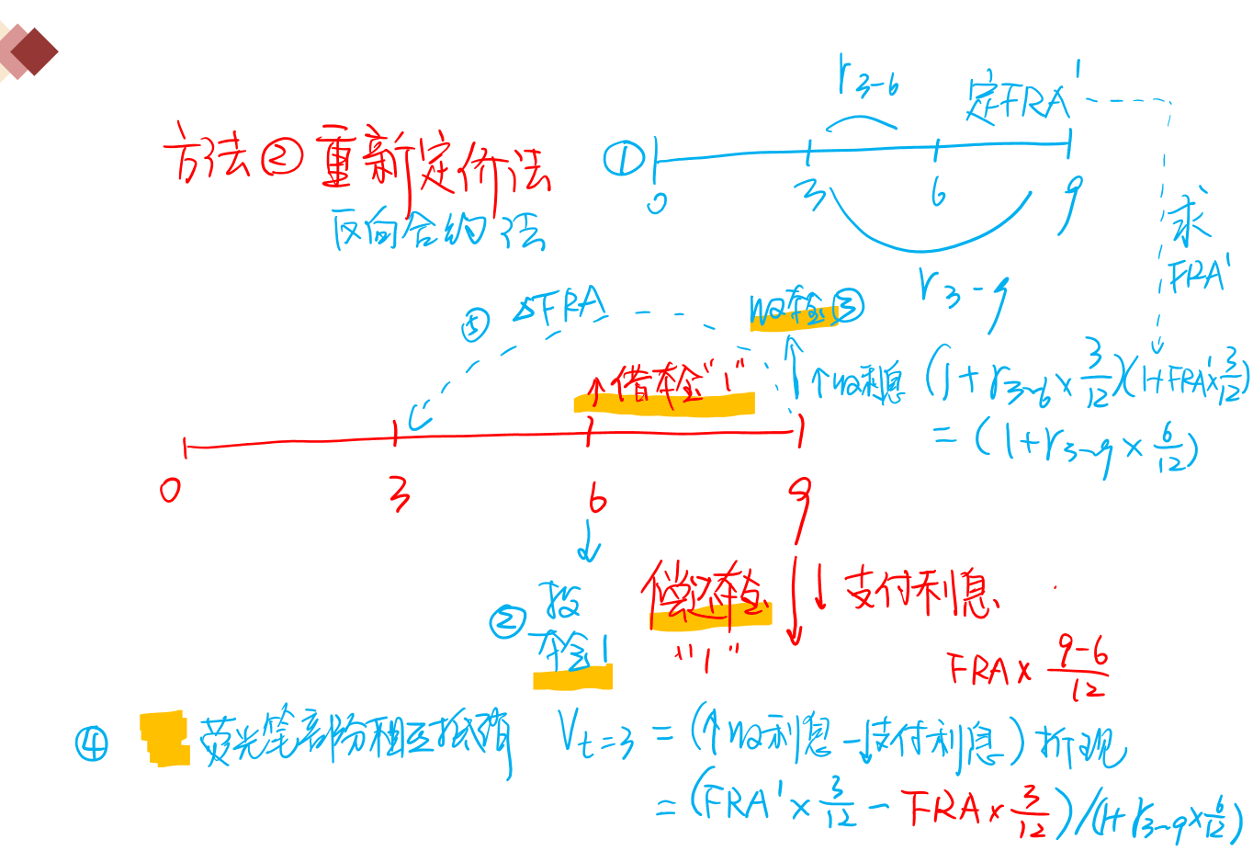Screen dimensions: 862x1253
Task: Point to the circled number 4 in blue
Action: (92, 743)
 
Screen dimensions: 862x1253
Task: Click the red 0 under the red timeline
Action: (170, 490)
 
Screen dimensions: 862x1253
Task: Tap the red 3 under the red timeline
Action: (399, 493)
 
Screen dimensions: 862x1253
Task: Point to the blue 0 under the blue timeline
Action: (656, 201)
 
